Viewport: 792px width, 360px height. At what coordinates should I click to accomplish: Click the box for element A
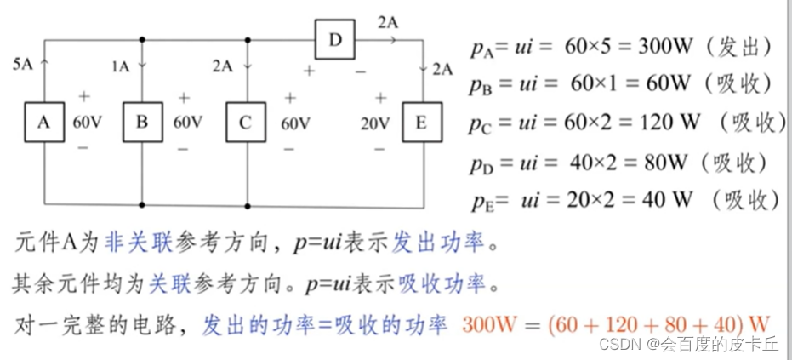click(x=43, y=122)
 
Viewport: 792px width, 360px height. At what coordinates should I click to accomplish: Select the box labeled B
click(x=142, y=122)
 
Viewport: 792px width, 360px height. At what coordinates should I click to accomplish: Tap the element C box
click(x=245, y=122)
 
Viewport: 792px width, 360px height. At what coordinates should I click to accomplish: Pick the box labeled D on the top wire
click(x=335, y=39)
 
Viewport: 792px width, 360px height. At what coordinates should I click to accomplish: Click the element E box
click(x=421, y=122)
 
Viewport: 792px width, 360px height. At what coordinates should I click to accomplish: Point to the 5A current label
click(x=23, y=64)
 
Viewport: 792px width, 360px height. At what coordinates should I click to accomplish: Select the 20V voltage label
click(x=375, y=123)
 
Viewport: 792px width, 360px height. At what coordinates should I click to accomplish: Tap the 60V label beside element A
click(x=87, y=122)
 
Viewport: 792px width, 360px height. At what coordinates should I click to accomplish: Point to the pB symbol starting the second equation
click(x=481, y=85)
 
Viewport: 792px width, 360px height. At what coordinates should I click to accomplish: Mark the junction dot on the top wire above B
click(x=142, y=39)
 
